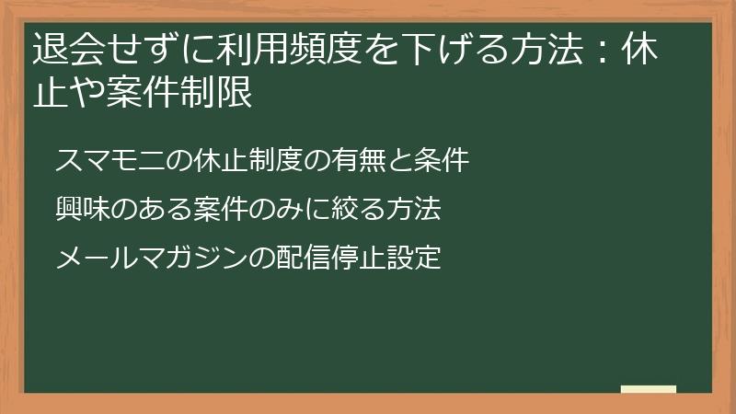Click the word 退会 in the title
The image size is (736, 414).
pos(63,49)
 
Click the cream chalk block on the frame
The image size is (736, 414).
pos(649,389)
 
